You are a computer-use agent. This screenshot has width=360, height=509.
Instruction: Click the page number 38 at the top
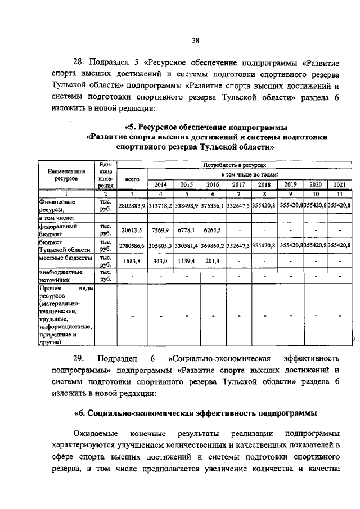click(195, 40)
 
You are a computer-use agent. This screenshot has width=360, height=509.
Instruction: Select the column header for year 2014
click(160, 184)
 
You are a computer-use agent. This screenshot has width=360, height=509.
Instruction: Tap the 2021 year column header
click(339, 184)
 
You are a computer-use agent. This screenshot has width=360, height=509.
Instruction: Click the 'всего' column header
click(132, 179)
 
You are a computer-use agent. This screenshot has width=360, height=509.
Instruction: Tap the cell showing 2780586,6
click(132, 246)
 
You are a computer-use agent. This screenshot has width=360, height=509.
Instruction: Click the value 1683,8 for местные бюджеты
click(132, 261)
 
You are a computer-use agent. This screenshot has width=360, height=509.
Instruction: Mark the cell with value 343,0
click(160, 261)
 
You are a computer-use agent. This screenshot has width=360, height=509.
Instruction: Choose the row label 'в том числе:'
click(57, 217)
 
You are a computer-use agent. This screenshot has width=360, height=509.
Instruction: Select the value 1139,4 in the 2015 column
click(186, 261)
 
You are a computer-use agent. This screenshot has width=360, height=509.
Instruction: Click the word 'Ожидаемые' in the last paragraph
click(96, 433)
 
